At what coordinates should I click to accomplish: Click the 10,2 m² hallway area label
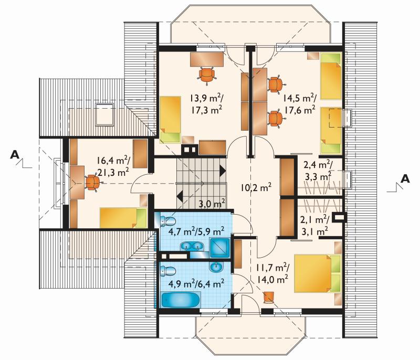[x=256, y=187]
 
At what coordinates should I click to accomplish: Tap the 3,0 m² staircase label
[x=212, y=204]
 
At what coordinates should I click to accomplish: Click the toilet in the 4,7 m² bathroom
[x=168, y=221]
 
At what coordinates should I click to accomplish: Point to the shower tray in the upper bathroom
[x=220, y=248]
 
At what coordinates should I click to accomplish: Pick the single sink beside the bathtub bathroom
[x=216, y=267]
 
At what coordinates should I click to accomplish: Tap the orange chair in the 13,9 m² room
[x=207, y=75]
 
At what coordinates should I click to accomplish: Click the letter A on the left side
[x=15, y=154]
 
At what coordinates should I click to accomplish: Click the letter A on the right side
[x=405, y=179]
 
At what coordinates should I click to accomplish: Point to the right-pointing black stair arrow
[x=223, y=171]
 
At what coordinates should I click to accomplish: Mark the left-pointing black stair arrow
[x=180, y=196]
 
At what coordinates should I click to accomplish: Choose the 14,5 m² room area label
[x=299, y=104]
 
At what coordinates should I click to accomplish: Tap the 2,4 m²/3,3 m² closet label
[x=318, y=171]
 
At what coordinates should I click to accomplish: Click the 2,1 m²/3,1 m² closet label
[x=314, y=226]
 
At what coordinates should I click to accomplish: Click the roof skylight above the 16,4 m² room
[x=104, y=114]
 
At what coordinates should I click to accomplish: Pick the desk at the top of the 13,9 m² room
[x=207, y=59]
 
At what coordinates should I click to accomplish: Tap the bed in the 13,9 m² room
[x=170, y=119]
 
